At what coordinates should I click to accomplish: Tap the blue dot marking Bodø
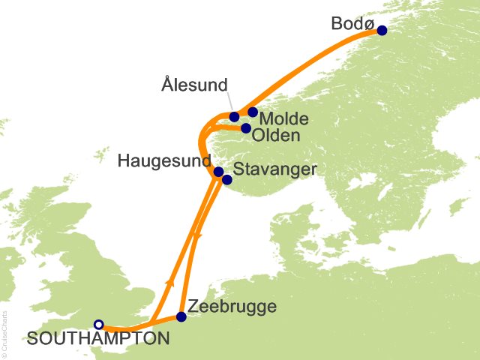(382, 31)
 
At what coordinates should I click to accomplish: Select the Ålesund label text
(194, 85)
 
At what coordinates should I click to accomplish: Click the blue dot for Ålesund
(235, 116)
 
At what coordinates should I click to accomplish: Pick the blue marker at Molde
(253, 112)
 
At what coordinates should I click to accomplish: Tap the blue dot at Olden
(246, 128)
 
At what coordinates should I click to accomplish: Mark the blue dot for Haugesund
(218, 172)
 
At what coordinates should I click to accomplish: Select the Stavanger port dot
(226, 179)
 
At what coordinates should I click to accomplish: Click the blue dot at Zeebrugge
(181, 316)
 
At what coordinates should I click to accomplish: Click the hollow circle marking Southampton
(98, 324)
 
